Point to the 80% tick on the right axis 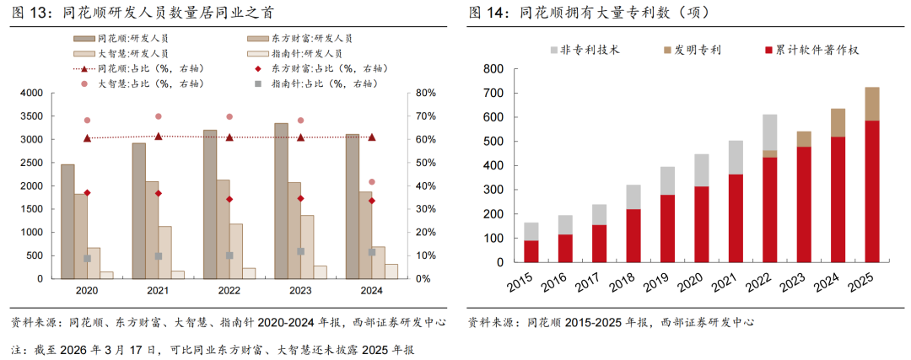[x=424, y=93]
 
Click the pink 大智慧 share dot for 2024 [x=372, y=182]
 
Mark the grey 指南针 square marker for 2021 [x=158, y=255]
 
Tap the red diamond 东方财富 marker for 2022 [x=229, y=199]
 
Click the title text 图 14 [x=485, y=13]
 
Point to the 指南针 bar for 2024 [x=391, y=271]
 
